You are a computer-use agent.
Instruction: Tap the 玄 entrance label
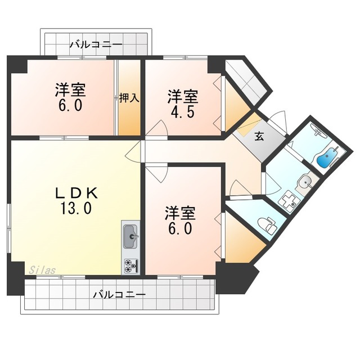pos(259,137)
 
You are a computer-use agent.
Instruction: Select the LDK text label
pos(76,193)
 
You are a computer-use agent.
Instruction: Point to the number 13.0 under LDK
pos(76,208)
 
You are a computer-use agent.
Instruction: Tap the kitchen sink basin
pos(131,236)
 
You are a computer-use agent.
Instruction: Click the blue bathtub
pos(327,157)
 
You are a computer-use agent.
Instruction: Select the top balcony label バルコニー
pos(96,44)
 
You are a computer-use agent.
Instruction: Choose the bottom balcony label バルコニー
pos(119,294)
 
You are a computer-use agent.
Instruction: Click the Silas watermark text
pos(42,270)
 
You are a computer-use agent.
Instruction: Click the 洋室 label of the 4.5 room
pos(183,97)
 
